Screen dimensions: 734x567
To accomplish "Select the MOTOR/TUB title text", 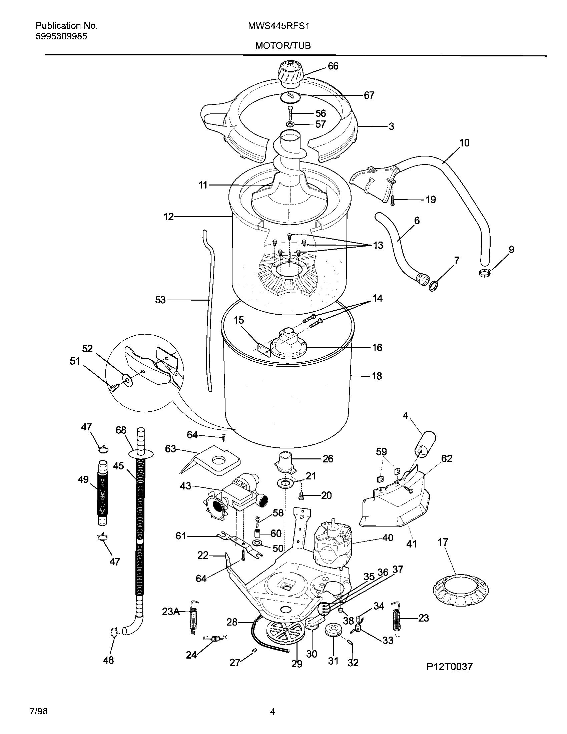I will pos(282,46).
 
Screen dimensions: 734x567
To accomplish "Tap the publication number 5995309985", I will pos(61,37).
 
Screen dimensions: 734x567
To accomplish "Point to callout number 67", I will pos(369,96).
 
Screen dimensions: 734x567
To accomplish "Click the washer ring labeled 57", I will pos(290,124).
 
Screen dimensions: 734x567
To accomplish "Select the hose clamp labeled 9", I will pos(485,273).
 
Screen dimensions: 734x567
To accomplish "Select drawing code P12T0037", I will pos(449,666).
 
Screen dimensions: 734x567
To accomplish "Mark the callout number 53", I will pos(160,300).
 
